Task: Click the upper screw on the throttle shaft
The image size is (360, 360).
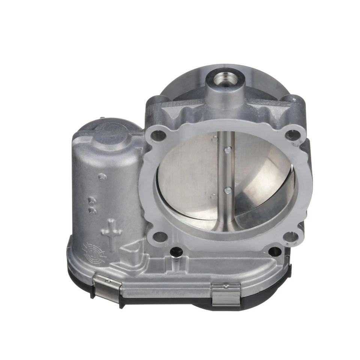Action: click(227, 150)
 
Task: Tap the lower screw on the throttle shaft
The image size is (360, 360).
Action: click(227, 191)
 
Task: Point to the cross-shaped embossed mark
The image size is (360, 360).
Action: click(111, 232)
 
